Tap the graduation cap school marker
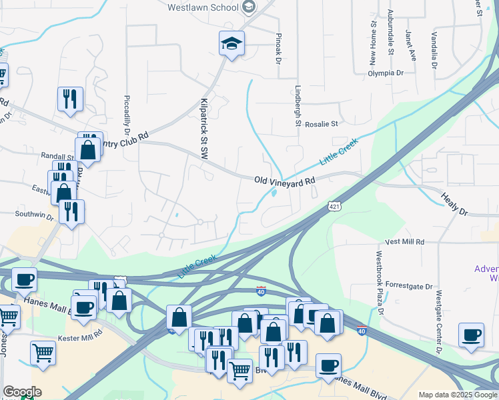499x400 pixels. click(x=232, y=44)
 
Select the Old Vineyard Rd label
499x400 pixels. click(x=284, y=181)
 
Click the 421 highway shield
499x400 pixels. click(x=335, y=207)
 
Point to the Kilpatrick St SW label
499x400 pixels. click(x=204, y=129)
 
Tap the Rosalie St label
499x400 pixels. click(x=322, y=123)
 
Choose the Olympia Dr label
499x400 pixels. click(x=386, y=73)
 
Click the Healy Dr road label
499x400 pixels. click(x=454, y=203)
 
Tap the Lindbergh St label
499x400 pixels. click(x=298, y=105)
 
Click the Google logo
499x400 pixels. click(x=21, y=392)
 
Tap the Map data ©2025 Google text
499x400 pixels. click(x=458, y=395)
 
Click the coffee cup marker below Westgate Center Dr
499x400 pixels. click(x=471, y=335)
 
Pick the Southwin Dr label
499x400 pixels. click(x=35, y=215)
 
